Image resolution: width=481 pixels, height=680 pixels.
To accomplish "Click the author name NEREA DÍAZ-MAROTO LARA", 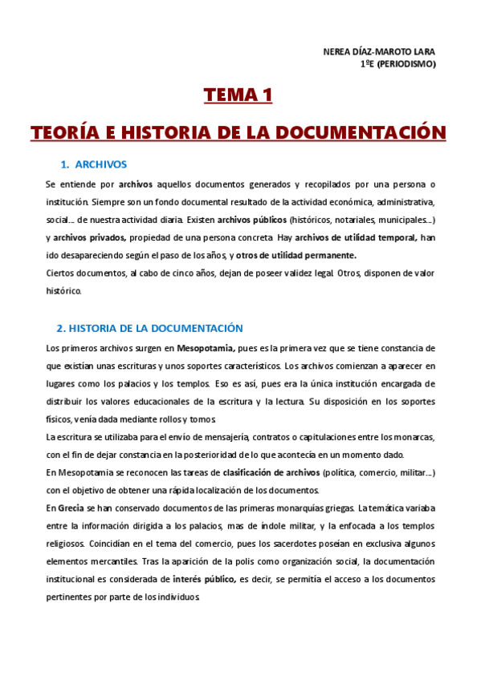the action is point(379,52).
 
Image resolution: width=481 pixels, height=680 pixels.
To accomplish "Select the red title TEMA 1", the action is point(238,96).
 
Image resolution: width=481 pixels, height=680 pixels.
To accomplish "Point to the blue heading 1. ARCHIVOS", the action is point(94,165).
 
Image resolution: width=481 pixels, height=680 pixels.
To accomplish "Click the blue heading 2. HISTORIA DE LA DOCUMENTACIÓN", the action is point(149,329).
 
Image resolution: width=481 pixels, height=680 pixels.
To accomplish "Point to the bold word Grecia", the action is point(71,508).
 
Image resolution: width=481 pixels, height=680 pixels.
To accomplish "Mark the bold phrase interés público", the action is point(204,579).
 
